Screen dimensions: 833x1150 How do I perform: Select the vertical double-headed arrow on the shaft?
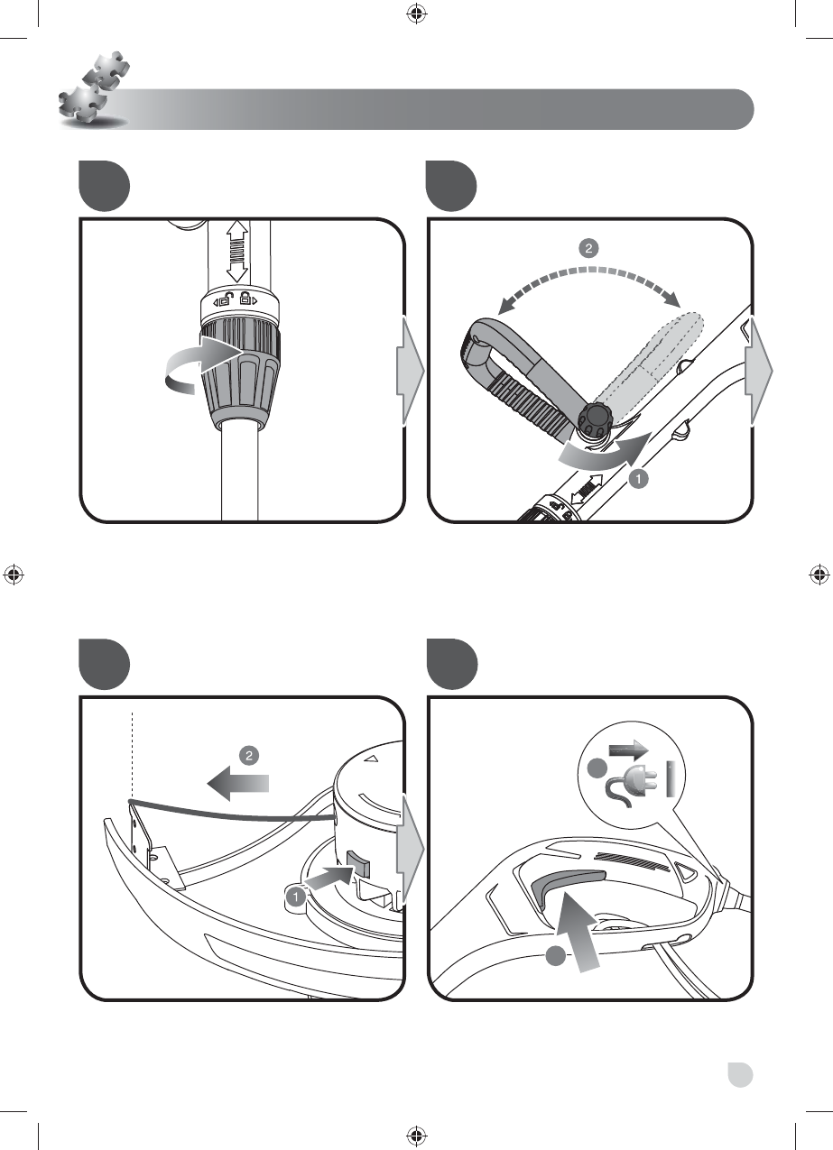coord(236,251)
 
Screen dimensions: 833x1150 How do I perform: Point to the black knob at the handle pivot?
coord(596,420)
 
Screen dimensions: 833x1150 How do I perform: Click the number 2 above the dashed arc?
coord(588,248)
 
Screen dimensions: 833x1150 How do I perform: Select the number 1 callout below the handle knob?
coord(638,480)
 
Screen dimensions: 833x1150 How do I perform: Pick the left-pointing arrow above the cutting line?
coord(237,784)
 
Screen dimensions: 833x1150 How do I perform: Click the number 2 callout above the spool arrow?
coord(249,755)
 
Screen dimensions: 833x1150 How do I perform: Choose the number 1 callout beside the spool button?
coord(295,897)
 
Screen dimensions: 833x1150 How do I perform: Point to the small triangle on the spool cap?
coord(371,758)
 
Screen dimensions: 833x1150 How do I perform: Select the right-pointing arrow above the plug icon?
coord(629,750)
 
